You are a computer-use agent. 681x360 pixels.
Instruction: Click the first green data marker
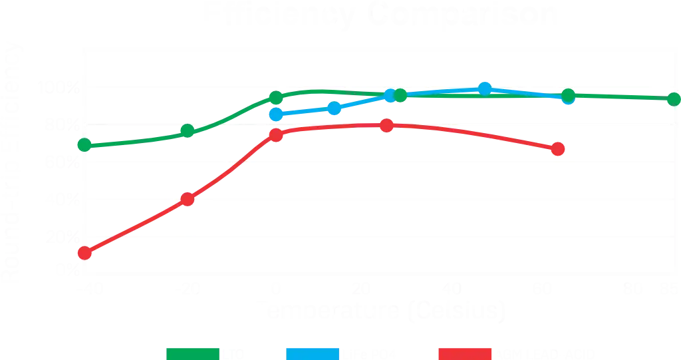(84, 145)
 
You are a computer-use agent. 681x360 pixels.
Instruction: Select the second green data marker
(188, 130)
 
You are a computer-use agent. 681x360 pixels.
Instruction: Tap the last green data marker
(672, 99)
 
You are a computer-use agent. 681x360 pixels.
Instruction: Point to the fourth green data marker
(399, 95)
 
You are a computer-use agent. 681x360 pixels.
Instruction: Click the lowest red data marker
(84, 252)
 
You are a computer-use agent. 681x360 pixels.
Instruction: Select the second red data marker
(188, 199)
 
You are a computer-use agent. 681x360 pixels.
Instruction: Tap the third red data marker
(277, 136)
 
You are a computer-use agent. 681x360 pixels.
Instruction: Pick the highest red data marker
(386, 125)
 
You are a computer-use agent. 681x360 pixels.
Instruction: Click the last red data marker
(558, 149)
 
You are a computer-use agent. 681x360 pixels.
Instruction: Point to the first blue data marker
(275, 114)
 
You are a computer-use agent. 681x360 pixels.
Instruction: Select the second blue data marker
(334, 108)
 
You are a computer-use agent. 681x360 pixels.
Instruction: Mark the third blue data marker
(391, 96)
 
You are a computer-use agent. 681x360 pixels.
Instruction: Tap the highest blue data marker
(485, 89)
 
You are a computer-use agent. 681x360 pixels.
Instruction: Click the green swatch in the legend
(192, 353)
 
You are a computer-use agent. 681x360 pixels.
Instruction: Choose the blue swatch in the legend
(311, 353)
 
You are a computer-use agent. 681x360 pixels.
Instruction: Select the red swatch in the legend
(465, 353)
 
